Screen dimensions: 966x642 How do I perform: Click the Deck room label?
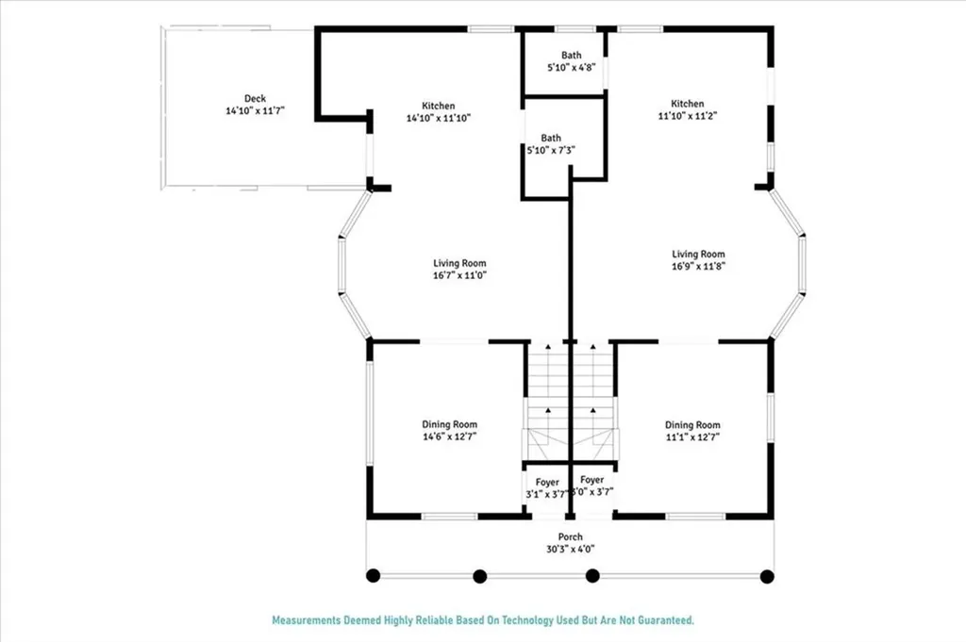click(x=255, y=98)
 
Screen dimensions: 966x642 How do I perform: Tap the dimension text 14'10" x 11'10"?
click(x=439, y=118)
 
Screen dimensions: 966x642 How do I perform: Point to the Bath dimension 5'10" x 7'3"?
click(x=551, y=150)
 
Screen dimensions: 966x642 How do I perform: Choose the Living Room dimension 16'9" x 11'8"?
click(x=698, y=267)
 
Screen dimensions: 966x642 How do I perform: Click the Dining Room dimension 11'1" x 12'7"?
click(x=692, y=437)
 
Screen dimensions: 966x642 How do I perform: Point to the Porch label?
click(x=571, y=536)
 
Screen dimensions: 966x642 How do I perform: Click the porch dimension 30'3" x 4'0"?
click(x=571, y=549)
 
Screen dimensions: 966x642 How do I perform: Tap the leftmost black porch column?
click(x=373, y=575)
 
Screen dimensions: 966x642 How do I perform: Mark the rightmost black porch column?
click(x=767, y=576)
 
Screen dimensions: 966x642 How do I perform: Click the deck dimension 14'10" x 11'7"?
click(x=255, y=111)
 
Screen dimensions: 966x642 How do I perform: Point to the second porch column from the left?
click(x=480, y=576)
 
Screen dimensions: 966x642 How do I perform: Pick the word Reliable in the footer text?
click(x=434, y=620)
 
